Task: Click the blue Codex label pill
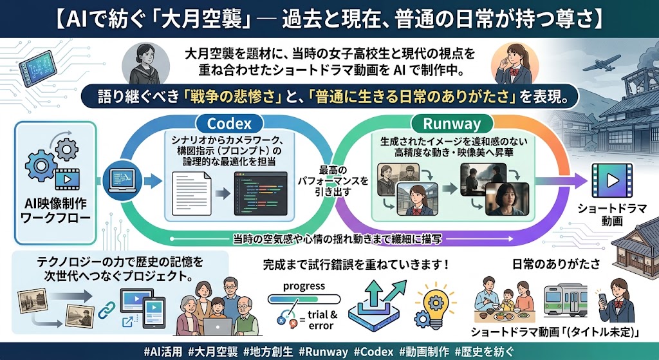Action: click(229, 124)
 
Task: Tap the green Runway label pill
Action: click(452, 124)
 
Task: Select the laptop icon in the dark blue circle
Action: click(122, 181)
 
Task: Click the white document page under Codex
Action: click(192, 193)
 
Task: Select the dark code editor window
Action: click(261, 193)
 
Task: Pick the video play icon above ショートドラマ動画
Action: click(612, 180)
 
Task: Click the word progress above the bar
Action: click(304, 287)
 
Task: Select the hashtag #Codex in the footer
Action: click(374, 352)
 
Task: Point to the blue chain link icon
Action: click(106, 310)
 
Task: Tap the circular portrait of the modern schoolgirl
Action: click(514, 64)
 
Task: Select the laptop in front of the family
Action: click(218, 327)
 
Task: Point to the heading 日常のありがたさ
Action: click(556, 264)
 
